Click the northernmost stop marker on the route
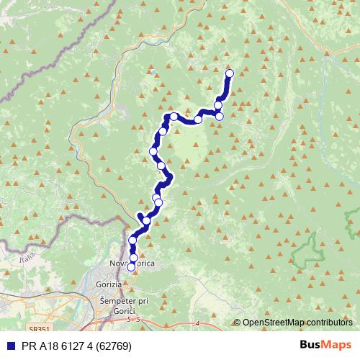[230, 73]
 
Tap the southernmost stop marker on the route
[131, 267]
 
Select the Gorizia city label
[108, 285]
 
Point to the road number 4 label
[197, 323]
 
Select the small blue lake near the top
[153, 72]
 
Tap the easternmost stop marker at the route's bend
[220, 116]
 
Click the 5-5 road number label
[132, 318]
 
